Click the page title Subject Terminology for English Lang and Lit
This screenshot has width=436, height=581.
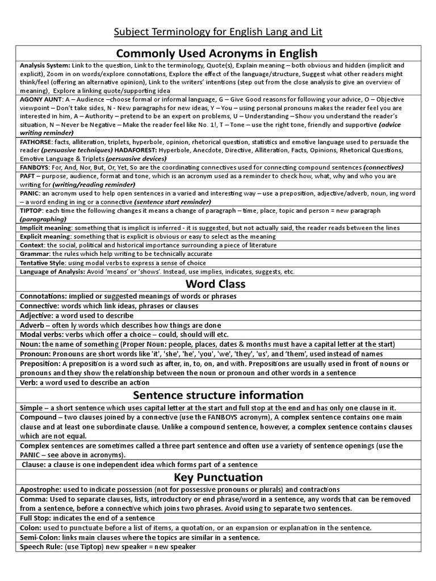point(217,32)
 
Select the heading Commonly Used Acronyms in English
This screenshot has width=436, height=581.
point(217,54)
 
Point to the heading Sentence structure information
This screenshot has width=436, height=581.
point(217,395)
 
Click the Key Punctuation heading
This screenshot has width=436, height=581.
point(217,477)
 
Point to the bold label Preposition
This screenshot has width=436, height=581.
point(40,364)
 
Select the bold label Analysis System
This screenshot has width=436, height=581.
point(45,65)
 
